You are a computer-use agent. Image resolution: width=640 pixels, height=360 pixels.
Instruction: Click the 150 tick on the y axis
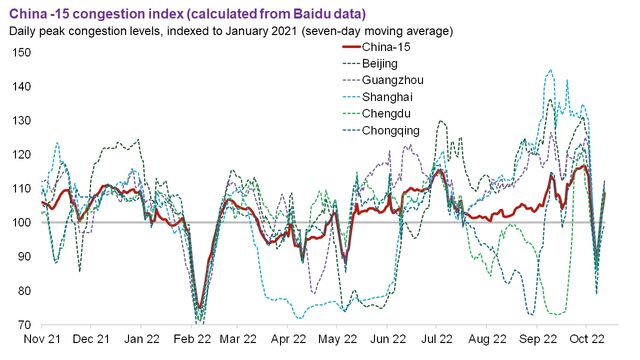(x=20, y=52)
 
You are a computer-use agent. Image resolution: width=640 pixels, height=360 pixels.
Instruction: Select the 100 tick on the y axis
(x=20, y=223)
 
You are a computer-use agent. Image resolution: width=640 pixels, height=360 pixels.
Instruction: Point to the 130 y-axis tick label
(x=20, y=121)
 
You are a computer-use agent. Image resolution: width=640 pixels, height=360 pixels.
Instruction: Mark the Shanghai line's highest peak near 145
(x=549, y=71)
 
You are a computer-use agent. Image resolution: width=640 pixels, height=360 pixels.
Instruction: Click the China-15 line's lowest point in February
(x=199, y=308)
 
